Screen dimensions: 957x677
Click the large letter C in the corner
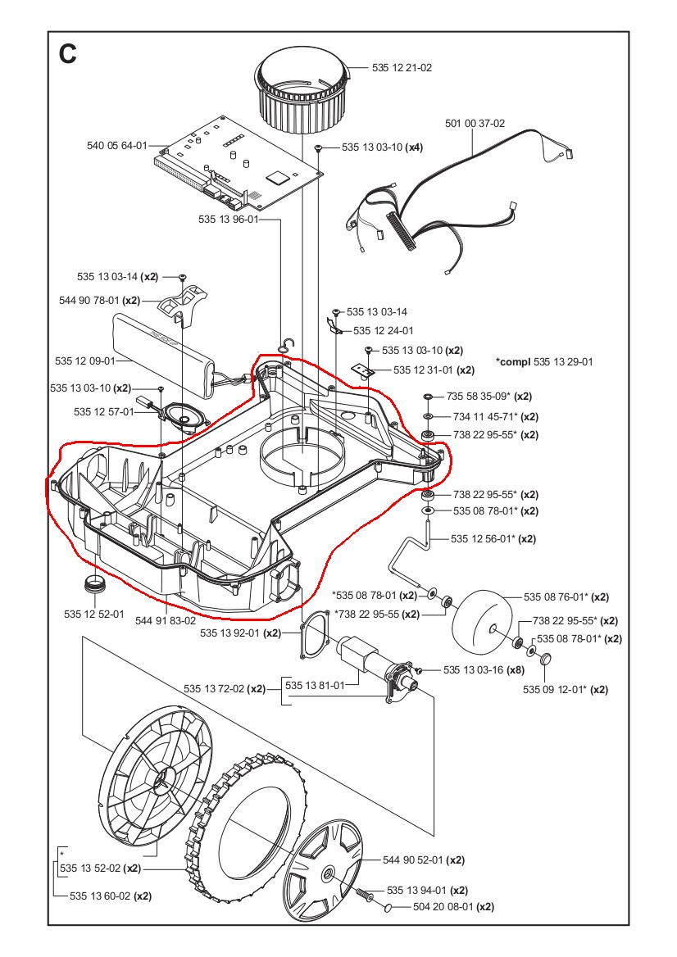67,53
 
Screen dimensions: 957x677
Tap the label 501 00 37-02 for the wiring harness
475,124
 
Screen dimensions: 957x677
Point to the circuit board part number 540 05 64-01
116,145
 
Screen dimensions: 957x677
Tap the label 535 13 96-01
228,220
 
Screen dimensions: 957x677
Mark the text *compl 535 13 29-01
544,361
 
